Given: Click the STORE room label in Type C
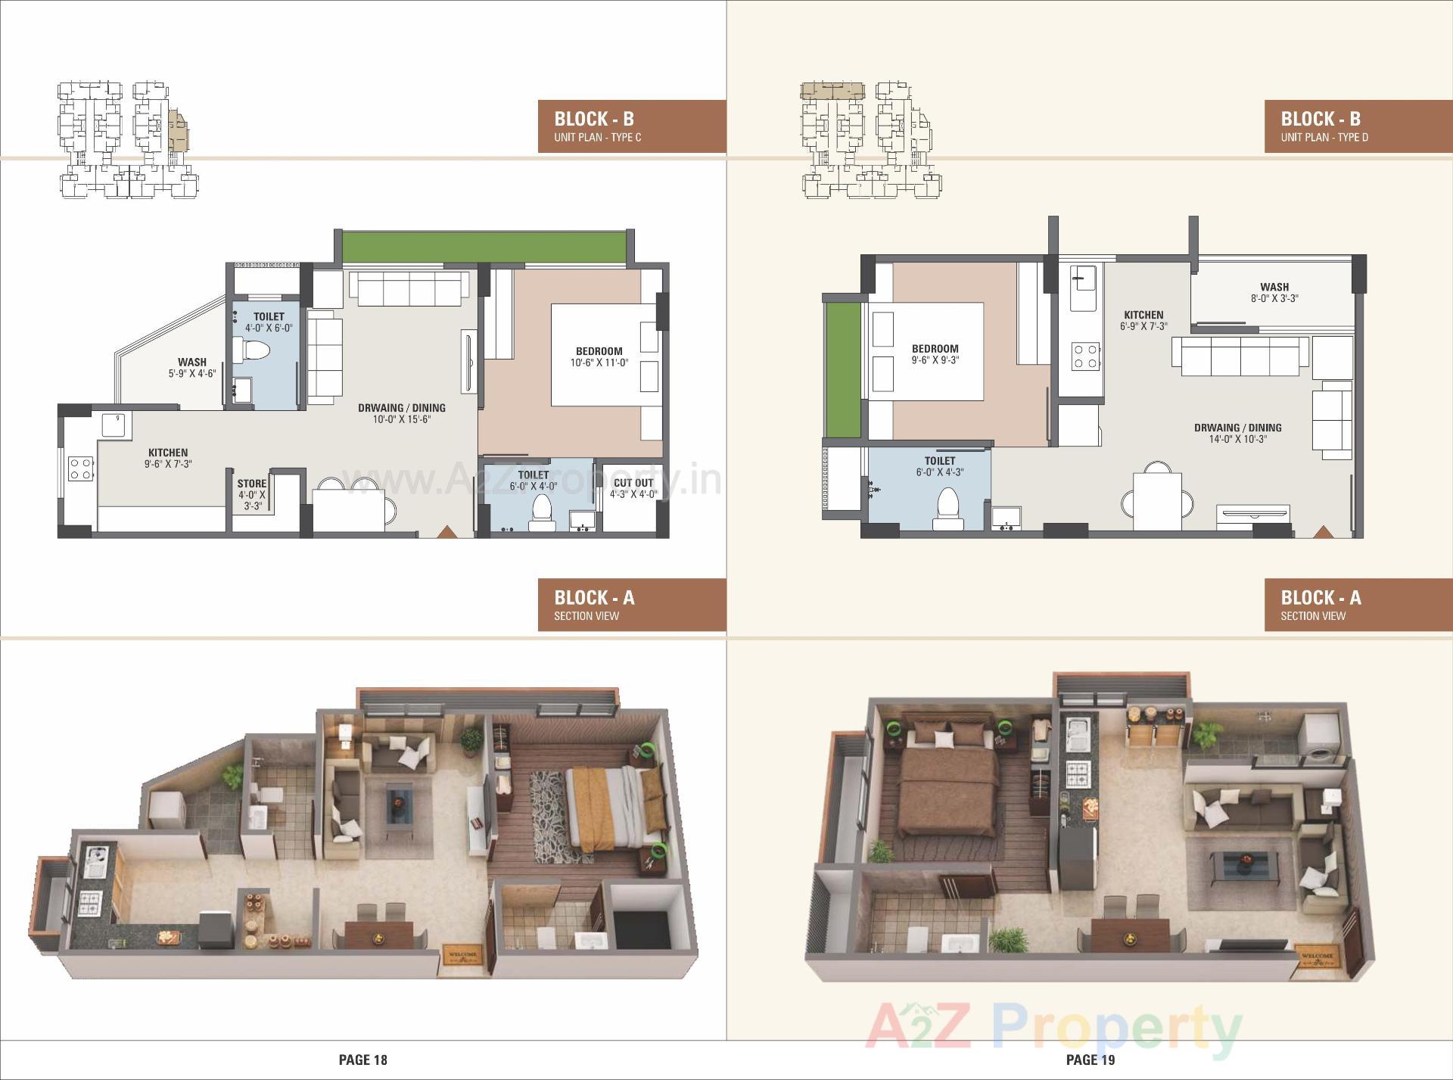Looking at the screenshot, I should pos(252,484).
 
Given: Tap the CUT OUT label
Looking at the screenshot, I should pos(633,483).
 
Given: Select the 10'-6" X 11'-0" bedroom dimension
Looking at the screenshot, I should pos(599,363).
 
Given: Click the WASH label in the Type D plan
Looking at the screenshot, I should pos(1274,287).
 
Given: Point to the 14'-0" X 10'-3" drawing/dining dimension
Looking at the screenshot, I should pos(1237,439).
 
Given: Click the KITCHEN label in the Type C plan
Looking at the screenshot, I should pos(168,453).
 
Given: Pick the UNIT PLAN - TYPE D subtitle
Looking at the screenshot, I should pos(1324,138).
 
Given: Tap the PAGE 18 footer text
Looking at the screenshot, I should pos(363,1060).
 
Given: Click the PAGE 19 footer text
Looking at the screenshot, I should pos(1091,1060).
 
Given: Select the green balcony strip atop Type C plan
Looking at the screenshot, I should pos(484,247).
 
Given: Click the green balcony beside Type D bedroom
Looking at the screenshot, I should pos(842,370).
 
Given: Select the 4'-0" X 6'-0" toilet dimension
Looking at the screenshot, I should pos(269,328).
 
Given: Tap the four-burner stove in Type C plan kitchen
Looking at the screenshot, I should pos(81,468).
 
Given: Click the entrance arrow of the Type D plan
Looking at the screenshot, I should pos(1322,532).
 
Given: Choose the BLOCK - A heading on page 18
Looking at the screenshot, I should pos(594,598).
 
